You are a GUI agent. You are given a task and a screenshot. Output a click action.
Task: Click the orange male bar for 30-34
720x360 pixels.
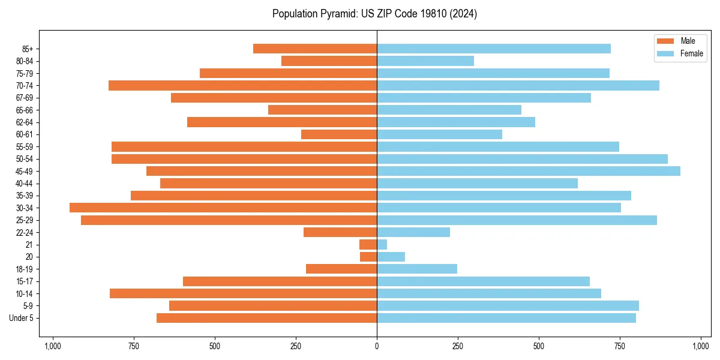coord(223,208)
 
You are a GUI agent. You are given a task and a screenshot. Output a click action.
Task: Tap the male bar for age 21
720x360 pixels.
coord(368,245)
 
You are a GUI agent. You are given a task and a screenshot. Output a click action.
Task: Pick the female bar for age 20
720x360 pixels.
coord(391,257)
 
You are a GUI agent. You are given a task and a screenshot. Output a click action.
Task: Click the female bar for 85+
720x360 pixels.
coord(493,49)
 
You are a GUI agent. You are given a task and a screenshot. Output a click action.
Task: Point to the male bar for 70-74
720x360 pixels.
coord(242,85)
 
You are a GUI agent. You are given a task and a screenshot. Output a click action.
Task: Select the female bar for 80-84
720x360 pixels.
coord(425,61)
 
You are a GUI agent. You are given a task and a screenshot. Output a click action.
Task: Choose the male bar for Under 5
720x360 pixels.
coord(266,318)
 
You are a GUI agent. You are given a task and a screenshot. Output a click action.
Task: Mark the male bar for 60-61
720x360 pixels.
coord(339,134)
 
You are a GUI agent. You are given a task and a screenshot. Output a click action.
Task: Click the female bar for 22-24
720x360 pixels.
coord(413,232)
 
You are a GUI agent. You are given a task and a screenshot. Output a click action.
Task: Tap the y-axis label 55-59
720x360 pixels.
coord(24,147)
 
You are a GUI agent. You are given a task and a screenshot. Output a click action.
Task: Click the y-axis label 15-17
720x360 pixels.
coord(24,281)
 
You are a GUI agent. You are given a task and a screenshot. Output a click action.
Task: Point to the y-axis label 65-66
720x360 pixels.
coord(24,110)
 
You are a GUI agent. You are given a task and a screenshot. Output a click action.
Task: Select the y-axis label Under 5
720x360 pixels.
coord(21,318)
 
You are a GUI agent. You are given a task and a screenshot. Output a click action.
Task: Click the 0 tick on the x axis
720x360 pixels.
coord(377,346)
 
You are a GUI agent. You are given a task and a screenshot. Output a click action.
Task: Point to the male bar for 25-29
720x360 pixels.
coord(229,220)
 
